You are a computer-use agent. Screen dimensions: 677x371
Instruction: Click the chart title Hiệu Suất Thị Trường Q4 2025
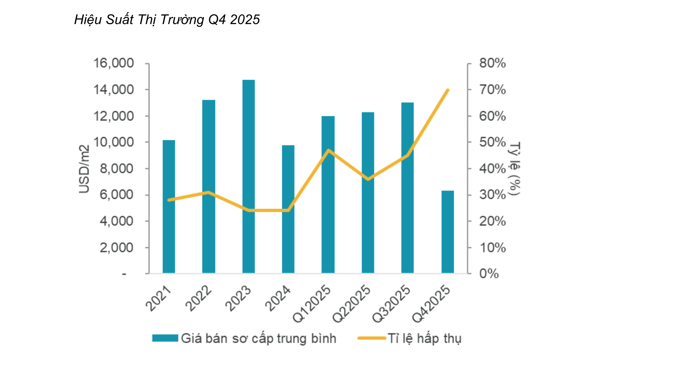167,20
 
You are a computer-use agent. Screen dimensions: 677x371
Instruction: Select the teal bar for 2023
248,176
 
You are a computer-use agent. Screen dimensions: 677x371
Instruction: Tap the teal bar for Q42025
447,232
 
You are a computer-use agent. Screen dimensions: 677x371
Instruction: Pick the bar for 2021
169,207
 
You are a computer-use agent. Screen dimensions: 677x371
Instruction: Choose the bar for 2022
208,187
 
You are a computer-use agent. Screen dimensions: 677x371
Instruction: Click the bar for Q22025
368,193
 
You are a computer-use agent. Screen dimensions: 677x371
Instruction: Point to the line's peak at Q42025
448,90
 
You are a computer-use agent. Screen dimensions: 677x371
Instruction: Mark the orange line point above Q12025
328,150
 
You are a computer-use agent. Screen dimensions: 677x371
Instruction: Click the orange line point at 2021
169,200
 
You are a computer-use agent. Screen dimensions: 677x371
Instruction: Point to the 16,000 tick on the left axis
113,63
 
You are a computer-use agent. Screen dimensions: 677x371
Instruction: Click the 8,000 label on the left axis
116,168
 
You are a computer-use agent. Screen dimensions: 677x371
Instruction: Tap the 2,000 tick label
116,248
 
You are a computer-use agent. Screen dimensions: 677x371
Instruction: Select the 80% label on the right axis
492,63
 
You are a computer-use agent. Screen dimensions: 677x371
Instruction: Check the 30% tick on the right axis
492,195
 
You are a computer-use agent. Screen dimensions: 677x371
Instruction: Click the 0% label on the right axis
489,274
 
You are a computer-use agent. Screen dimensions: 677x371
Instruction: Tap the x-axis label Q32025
391,304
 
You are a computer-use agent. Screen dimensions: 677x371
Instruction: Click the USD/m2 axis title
84,169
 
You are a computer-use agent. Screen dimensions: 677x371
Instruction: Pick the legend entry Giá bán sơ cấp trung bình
244,339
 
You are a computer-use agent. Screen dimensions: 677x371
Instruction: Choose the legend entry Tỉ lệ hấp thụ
410,339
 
